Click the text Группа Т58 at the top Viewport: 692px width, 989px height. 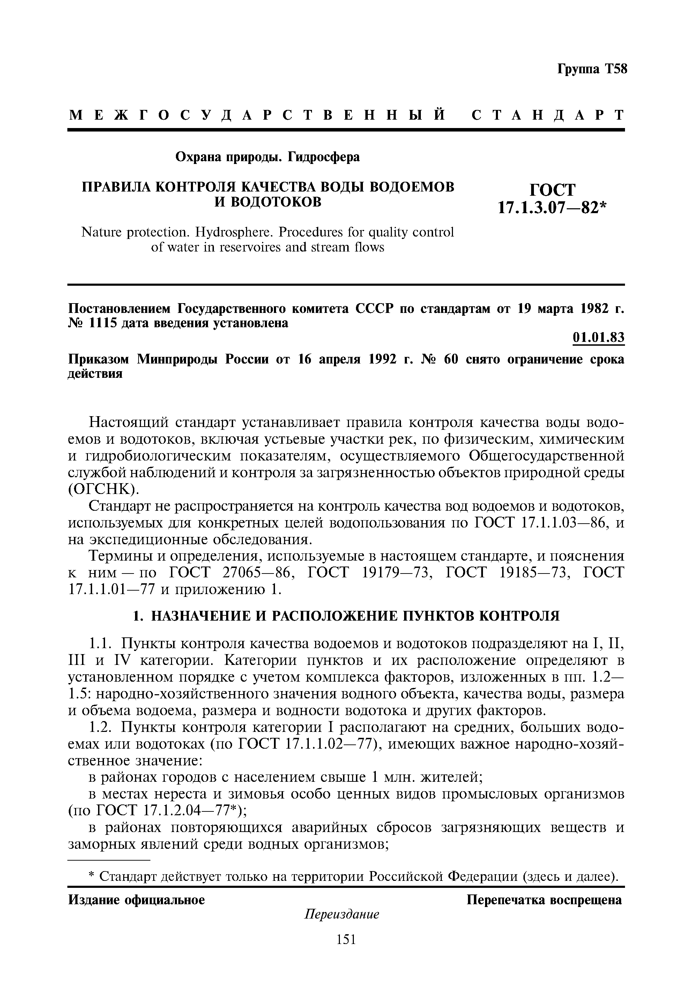[593, 69]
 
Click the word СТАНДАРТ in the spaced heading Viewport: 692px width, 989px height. [547, 115]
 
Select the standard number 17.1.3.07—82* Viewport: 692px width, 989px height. [552, 209]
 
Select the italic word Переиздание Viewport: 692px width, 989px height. [342, 914]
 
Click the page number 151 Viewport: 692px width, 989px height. [345, 939]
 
